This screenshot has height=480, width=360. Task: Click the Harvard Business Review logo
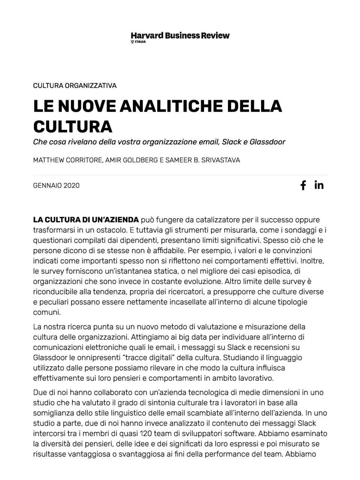click(180, 36)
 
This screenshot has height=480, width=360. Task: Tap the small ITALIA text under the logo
click(140, 42)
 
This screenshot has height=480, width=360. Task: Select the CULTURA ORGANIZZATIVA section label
click(75, 85)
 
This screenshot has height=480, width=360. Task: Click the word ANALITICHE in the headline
click(171, 106)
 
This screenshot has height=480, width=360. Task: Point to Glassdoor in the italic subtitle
click(267, 142)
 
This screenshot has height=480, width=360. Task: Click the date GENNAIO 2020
click(56, 186)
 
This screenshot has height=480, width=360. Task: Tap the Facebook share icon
click(303, 185)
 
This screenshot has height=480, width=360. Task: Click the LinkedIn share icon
click(319, 185)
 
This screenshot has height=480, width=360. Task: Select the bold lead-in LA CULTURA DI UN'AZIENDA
click(86, 220)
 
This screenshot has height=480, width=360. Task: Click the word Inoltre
click(313, 261)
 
